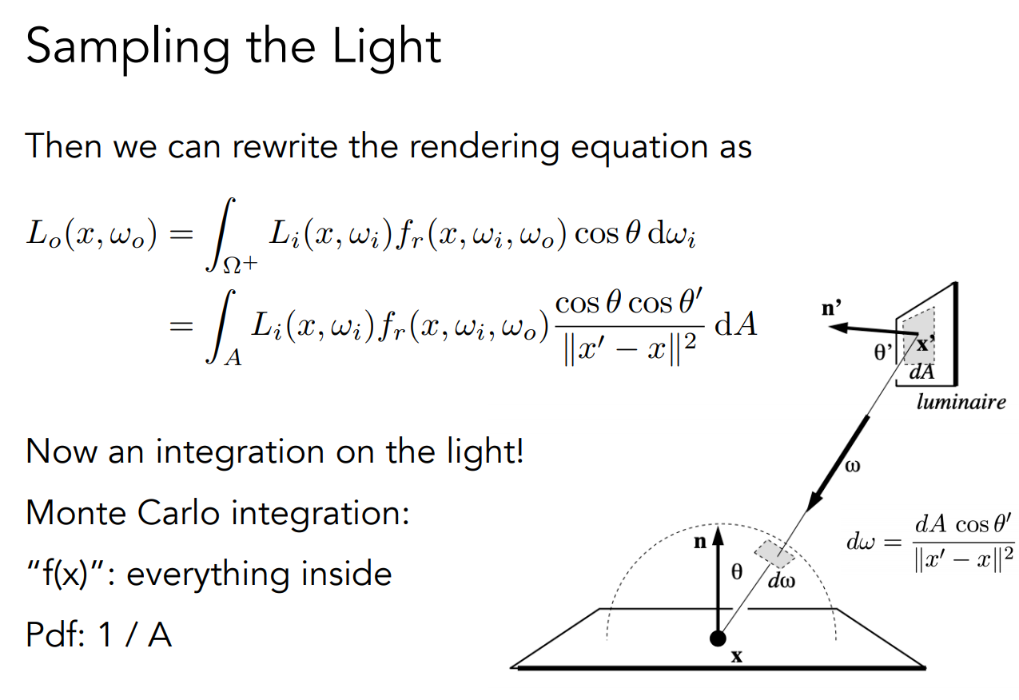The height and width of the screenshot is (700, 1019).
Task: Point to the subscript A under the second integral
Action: point(233,360)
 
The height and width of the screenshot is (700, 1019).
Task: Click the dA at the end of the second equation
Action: point(736,326)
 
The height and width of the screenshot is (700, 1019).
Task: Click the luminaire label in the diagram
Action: point(961,402)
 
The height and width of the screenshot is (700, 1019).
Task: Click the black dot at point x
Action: point(718,638)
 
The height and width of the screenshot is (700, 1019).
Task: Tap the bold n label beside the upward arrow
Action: point(699,542)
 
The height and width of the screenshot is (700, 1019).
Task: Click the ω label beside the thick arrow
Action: point(852,465)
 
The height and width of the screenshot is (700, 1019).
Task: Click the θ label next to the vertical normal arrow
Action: point(737,571)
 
